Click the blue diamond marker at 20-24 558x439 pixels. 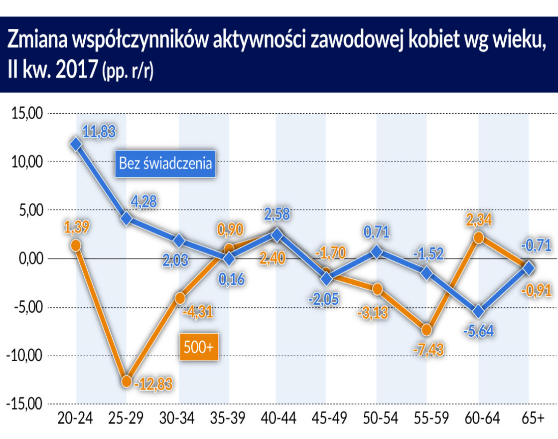[x=76, y=144]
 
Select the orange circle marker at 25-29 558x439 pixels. [x=127, y=381]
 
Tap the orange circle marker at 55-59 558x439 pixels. [x=427, y=330]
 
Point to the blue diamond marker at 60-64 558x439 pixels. [x=478, y=312]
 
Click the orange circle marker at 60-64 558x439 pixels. [x=478, y=237]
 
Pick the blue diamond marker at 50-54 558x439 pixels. [x=377, y=252]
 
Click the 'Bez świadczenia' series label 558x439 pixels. [x=165, y=163]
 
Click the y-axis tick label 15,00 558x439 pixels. [x=25, y=113]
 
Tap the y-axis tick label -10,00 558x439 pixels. [x=23, y=356]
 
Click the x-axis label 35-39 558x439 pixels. [x=229, y=418]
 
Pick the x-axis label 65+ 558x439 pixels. [x=532, y=418]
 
